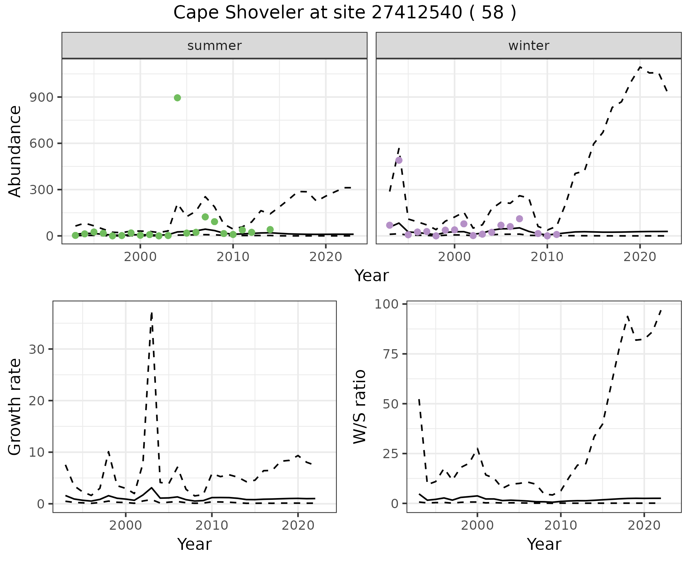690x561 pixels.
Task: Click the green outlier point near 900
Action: (177, 98)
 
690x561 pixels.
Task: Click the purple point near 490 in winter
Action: (399, 160)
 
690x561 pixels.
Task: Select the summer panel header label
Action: (215, 46)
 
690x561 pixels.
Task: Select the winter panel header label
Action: (529, 46)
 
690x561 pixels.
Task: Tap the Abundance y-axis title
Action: (15, 151)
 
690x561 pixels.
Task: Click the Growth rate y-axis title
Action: (15, 407)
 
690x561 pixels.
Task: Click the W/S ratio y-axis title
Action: (360, 407)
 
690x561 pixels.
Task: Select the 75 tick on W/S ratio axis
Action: (391, 354)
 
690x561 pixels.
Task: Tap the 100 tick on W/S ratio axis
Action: (387, 305)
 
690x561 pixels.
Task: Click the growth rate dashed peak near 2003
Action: (152, 313)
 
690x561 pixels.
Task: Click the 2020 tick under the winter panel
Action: (640, 257)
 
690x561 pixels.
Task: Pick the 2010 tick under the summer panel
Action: (233, 257)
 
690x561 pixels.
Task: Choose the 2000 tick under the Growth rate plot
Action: (125, 525)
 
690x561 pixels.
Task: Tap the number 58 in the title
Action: (492, 13)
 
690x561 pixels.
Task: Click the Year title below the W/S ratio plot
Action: (544, 544)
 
